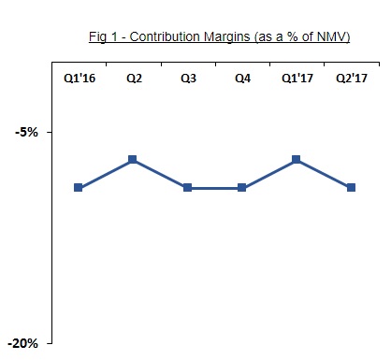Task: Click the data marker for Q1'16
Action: point(79,188)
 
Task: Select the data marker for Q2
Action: point(133,160)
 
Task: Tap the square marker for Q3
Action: point(187,188)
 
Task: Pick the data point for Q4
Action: point(241,188)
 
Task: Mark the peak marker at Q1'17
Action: point(297,160)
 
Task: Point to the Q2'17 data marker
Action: point(351,188)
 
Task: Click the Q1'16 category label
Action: point(80,78)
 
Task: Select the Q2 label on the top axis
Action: point(134,78)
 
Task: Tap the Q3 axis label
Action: point(188,78)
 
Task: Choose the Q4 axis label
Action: point(242,78)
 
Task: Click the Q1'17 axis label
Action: point(297,78)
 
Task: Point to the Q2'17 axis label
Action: point(352,78)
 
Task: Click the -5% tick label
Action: point(26,132)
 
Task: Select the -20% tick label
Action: point(22,343)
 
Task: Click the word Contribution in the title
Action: point(165,36)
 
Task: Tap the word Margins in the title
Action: point(227,37)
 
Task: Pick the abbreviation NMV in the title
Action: point(331,36)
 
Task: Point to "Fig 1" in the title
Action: point(103,36)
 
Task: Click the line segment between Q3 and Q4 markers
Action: point(214,188)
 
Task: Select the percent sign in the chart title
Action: point(292,36)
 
